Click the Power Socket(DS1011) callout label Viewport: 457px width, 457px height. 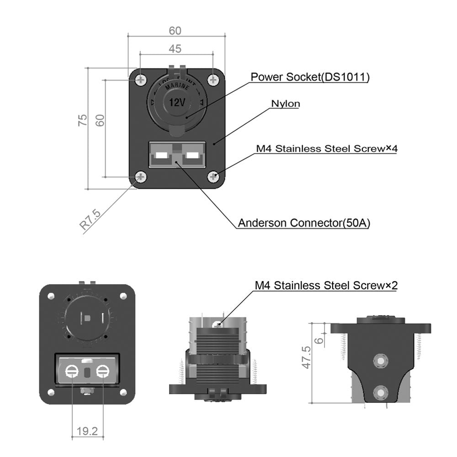pyautogui.click(x=309, y=77)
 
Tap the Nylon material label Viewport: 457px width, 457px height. pyautogui.click(x=286, y=104)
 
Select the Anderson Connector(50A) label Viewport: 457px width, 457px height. pyautogui.click(x=304, y=223)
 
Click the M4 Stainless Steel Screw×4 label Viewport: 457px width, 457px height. pyautogui.click(x=325, y=148)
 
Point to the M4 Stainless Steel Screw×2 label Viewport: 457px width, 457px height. pyautogui.click(x=326, y=286)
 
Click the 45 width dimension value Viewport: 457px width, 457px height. pyautogui.click(x=175, y=48)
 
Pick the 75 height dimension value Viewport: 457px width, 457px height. pyautogui.click(x=83, y=120)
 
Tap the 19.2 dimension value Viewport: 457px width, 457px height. pyautogui.click(x=87, y=430)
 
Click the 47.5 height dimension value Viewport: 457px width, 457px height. pyautogui.click(x=307, y=357)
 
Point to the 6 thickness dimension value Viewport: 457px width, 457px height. pyautogui.click(x=319, y=339)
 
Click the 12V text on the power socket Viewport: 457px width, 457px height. pyautogui.click(x=177, y=102)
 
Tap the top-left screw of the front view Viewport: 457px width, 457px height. pyautogui.click(x=140, y=80)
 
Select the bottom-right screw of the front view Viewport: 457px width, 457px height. pyautogui.click(x=213, y=177)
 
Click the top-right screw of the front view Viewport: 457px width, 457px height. pyautogui.click(x=213, y=80)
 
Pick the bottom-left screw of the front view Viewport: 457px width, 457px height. pyautogui.click(x=140, y=177)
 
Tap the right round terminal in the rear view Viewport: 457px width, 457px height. pyautogui.click(x=102, y=372)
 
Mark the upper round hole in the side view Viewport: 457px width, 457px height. pyautogui.click(x=379, y=361)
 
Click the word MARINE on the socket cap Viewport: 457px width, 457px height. pyautogui.click(x=176, y=88)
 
